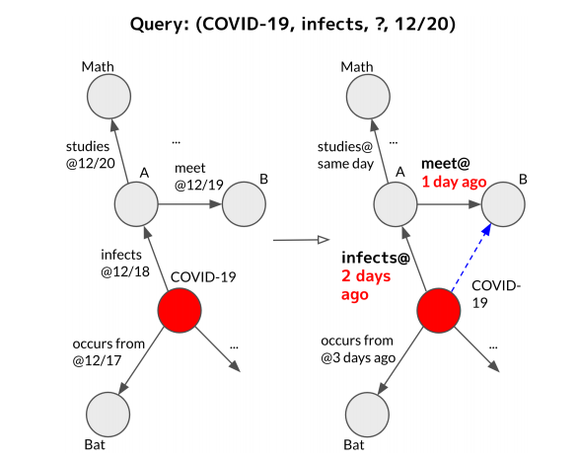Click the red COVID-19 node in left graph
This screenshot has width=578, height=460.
click(180, 311)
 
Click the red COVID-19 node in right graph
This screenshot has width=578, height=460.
click(439, 311)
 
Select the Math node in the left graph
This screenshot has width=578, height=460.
click(109, 97)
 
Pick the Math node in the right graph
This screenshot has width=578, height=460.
click(368, 97)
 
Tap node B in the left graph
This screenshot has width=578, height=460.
click(244, 204)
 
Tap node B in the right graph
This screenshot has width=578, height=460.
click(503, 204)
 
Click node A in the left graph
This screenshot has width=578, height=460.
click(136, 204)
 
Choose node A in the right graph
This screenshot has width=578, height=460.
click(396, 204)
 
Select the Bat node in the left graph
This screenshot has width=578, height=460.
click(108, 415)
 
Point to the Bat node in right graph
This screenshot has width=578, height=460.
click(368, 415)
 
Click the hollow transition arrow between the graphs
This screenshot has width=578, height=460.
click(301, 240)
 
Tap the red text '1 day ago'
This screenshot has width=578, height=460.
click(454, 182)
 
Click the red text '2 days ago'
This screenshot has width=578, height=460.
click(366, 285)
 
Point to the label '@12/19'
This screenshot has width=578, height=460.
click(199, 185)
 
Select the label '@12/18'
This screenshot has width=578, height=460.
click(125, 271)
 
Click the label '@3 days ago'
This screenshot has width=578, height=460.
click(358, 357)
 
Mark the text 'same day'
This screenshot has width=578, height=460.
click(346, 164)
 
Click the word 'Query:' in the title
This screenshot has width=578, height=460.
click(160, 25)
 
